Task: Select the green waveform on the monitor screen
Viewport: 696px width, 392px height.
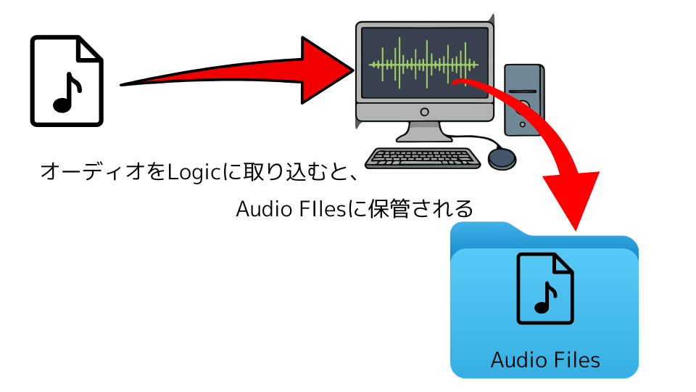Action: click(423, 64)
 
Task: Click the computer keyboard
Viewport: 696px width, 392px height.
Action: click(423, 158)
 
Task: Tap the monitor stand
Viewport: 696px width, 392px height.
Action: click(423, 132)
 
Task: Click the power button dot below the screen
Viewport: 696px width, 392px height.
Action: click(424, 112)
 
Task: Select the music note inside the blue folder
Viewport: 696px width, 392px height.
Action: click(544, 297)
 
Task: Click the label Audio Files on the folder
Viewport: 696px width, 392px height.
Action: click(545, 359)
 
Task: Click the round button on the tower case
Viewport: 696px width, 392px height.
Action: click(524, 105)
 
